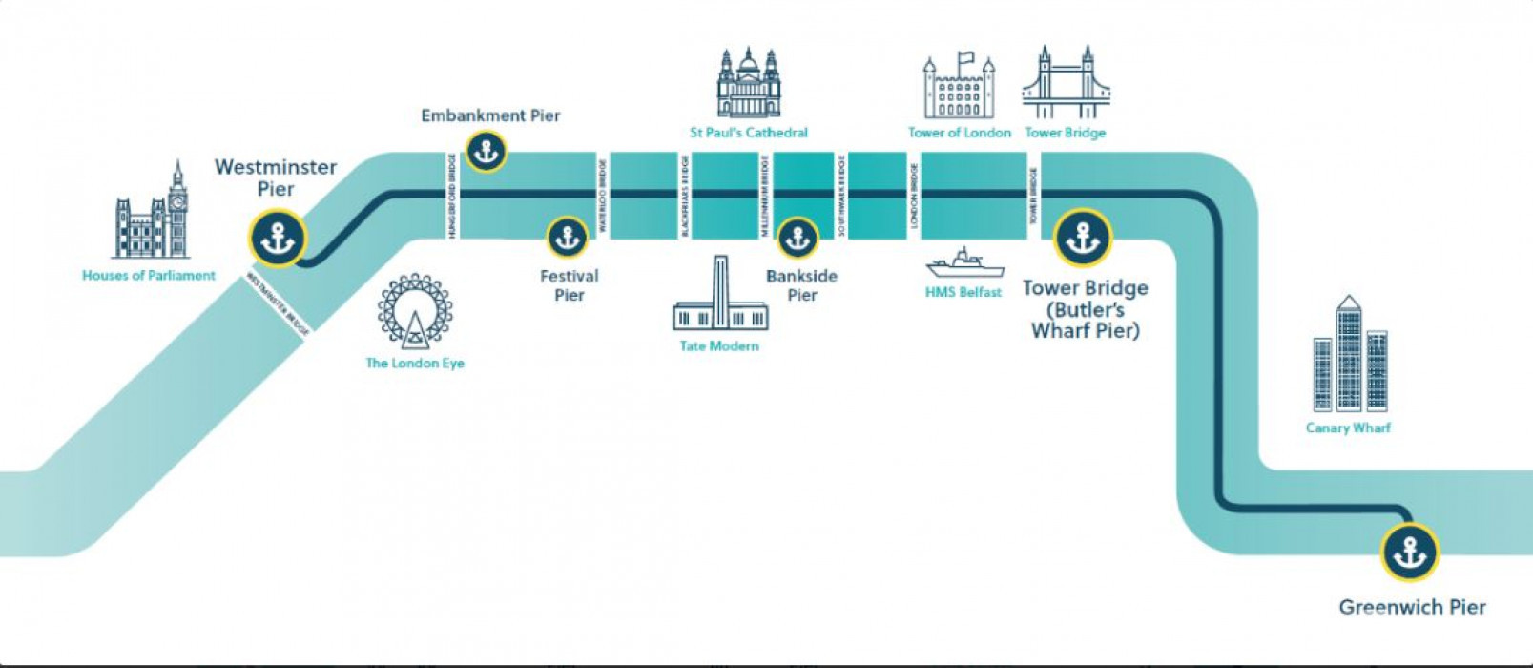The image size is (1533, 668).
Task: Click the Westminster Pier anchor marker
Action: pos(278,238)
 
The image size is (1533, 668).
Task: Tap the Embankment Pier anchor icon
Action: pos(486,151)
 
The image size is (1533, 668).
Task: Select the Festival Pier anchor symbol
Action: pos(567,238)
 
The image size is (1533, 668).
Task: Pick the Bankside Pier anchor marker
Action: pos(797,238)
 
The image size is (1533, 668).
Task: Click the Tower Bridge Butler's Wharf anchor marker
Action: pos(1083,238)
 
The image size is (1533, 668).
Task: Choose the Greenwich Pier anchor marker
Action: pos(1409,553)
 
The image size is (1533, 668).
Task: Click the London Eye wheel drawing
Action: pos(415,311)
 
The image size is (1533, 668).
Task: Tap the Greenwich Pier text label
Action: pos(1412,607)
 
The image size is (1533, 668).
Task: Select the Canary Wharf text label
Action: pos(1348,428)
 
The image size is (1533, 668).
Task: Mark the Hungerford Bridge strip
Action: pos(451,196)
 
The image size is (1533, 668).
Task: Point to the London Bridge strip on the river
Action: pos(914,196)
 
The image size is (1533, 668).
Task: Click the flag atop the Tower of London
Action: pos(966,58)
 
